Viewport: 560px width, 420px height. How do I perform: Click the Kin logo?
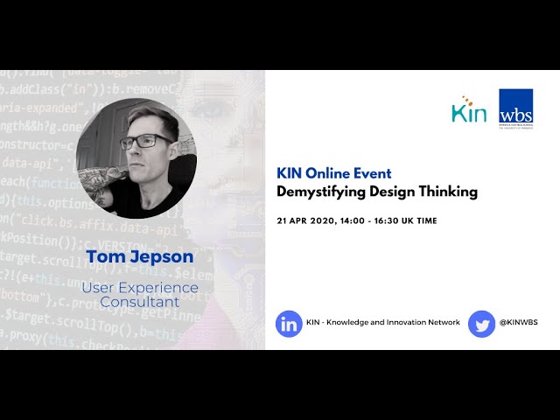[469, 110]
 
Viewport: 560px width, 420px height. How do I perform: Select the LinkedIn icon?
[289, 323]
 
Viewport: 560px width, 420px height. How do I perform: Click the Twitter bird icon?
[481, 323]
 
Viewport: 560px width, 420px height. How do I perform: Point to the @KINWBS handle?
[518, 323]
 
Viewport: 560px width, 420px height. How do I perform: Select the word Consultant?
[139, 302]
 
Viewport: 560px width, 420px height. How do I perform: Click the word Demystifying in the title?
[318, 192]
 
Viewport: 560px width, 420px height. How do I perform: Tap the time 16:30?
[398, 220]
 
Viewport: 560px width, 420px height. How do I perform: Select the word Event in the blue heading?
[373, 173]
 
